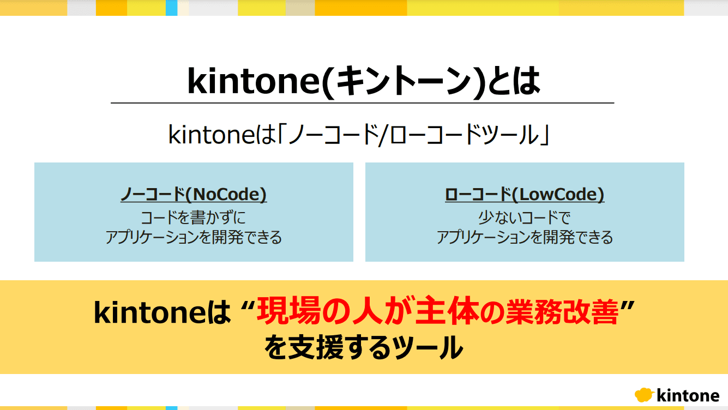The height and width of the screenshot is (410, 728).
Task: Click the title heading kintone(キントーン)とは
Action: (363, 81)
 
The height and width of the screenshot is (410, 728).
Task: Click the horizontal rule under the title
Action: (363, 103)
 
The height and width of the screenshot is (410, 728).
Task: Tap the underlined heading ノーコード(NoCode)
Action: (194, 194)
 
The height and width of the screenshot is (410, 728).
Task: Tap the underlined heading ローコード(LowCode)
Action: (525, 194)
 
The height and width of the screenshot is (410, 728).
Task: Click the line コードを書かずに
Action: (194, 218)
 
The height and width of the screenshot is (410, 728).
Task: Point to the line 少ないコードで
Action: (524, 218)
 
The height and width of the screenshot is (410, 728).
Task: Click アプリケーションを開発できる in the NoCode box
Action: (194, 237)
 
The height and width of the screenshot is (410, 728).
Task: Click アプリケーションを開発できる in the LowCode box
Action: (525, 237)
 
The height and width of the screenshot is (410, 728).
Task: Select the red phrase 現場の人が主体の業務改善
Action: (437, 312)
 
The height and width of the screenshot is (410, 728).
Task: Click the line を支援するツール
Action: (364, 347)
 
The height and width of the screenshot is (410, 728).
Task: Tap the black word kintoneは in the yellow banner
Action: (162, 312)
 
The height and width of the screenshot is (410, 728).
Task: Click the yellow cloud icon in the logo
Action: (644, 395)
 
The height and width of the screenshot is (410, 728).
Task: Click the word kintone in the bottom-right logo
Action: (688, 396)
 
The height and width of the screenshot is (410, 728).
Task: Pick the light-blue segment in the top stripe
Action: (172, 8)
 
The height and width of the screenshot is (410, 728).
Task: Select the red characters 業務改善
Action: (562, 312)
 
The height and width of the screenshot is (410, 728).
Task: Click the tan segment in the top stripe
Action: (300, 8)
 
